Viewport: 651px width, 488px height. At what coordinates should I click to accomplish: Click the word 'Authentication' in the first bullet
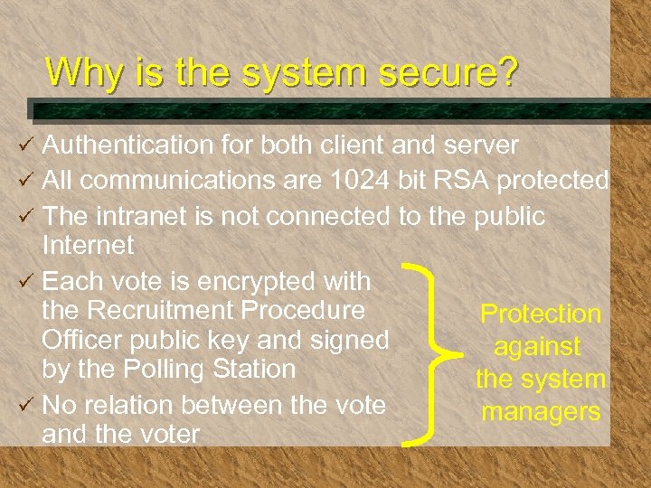(x=125, y=145)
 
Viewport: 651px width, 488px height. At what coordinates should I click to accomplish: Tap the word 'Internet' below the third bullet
(x=88, y=245)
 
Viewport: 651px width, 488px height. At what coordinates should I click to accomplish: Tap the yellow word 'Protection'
(x=541, y=314)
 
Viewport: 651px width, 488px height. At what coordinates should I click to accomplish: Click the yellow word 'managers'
(x=541, y=412)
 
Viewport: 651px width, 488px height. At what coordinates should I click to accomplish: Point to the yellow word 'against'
(x=537, y=347)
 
